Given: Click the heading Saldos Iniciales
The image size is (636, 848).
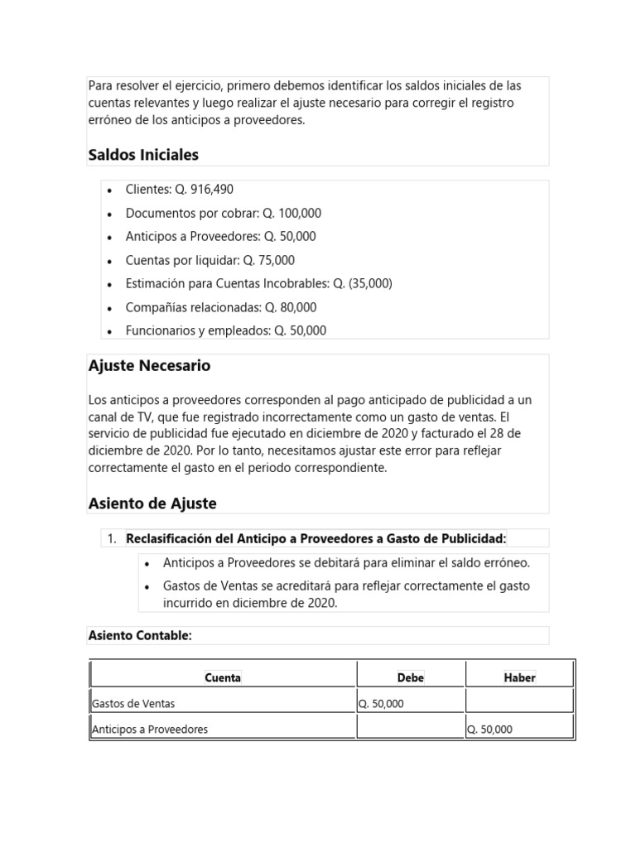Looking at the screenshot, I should pos(143,155).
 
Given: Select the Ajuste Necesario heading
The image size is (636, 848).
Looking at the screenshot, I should pos(149,365).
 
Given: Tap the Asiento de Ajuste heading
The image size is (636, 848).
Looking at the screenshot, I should pos(152,503).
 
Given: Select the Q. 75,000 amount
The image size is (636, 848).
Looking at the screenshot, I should pos(268,260).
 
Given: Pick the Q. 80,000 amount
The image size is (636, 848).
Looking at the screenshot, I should pos(291,307).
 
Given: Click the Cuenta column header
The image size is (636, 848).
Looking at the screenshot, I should pos(223,677).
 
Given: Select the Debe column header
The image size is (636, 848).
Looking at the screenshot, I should pos(411,677).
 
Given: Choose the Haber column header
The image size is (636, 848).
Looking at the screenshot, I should pos(519,677).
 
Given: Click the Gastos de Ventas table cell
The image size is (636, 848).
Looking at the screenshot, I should pos(133,704).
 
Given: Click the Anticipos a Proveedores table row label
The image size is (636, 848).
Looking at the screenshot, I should pos(150,730).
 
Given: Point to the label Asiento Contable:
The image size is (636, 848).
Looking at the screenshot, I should pos(140,635).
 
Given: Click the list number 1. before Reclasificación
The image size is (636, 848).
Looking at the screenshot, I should pos(112,539).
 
